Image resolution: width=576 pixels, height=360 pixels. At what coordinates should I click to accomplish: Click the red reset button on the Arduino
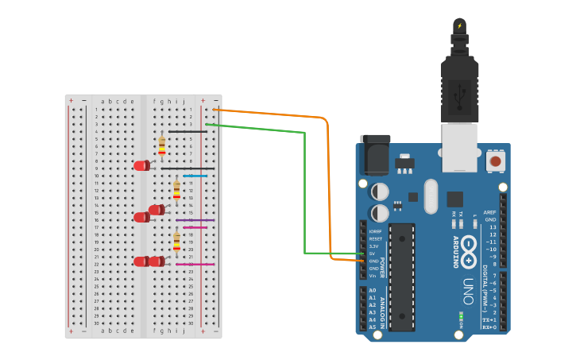pyautogui.click(x=495, y=161)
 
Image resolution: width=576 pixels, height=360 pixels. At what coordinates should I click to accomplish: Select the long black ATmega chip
pyautogui.click(x=402, y=277)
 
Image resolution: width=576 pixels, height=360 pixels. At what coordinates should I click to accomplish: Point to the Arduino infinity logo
pyautogui.click(x=470, y=247)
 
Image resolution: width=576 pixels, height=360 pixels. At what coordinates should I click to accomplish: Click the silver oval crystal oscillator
pyautogui.click(x=431, y=195)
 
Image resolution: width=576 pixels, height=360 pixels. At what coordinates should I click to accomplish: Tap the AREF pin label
pyautogui.click(x=490, y=213)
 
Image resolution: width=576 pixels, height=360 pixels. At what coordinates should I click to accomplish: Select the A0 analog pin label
pyautogui.click(x=372, y=290)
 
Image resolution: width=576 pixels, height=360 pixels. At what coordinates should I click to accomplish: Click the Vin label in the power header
pyautogui.click(x=372, y=276)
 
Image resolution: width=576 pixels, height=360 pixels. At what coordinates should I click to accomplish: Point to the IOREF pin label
pyautogui.click(x=375, y=231)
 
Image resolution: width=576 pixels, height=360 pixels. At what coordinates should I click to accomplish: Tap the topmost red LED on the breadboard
pyautogui.click(x=141, y=165)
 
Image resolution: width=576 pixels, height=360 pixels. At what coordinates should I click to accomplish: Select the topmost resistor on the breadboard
pyautogui.click(x=162, y=145)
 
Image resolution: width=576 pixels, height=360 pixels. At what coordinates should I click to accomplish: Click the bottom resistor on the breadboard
pyautogui.click(x=176, y=240)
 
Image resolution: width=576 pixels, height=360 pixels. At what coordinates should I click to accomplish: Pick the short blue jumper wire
pyautogui.click(x=195, y=176)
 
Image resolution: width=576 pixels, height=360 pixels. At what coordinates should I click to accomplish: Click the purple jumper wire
pyautogui.click(x=195, y=220)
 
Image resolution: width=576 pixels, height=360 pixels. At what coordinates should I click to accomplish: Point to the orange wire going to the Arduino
pyautogui.click(x=327, y=191)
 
